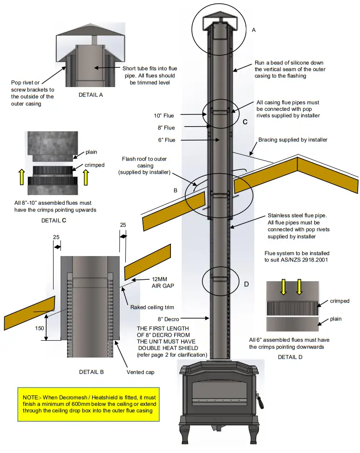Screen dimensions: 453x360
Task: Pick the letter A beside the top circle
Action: point(254,30)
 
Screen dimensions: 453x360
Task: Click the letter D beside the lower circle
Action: point(246,284)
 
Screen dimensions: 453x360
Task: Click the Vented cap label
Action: point(141,372)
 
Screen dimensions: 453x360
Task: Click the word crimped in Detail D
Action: point(340,301)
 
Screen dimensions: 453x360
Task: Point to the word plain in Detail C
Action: point(92,152)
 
